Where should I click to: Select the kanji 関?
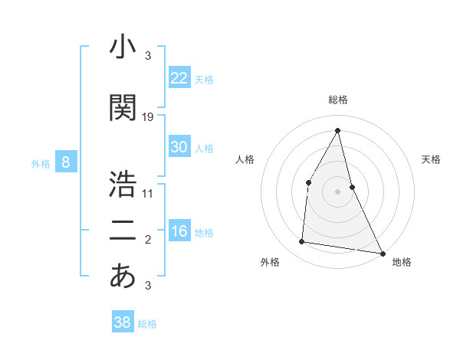click(123, 108)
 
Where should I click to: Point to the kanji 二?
click(123, 231)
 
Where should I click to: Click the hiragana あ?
click(123, 277)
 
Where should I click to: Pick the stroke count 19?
click(148, 117)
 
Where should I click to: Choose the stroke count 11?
click(148, 193)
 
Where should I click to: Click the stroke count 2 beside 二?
click(148, 241)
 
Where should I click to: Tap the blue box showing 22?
click(179, 78)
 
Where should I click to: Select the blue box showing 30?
click(179, 147)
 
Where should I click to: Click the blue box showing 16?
click(179, 231)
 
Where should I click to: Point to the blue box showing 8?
click(67, 162)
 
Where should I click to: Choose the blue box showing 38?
click(123, 322)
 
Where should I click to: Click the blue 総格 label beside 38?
click(147, 324)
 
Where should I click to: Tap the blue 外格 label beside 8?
click(41, 163)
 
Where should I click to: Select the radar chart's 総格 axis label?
click(338, 100)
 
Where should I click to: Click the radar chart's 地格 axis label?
click(402, 262)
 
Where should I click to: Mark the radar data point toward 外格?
click(302, 242)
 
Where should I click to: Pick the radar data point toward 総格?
click(338, 129)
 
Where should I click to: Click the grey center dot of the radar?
click(338, 191)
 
